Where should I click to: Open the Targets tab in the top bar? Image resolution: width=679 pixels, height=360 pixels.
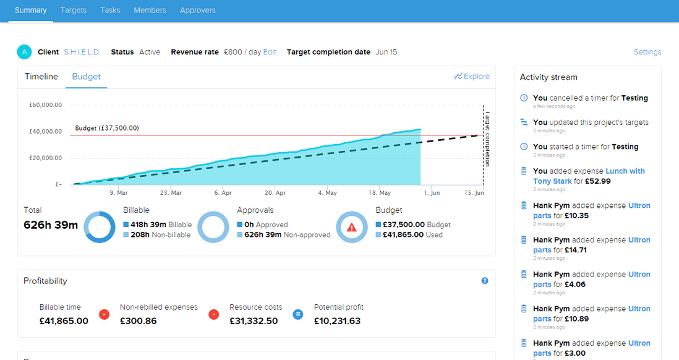[74, 10]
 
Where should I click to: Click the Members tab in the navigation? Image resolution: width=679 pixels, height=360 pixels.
[150, 10]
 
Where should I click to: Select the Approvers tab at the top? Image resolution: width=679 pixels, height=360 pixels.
[198, 10]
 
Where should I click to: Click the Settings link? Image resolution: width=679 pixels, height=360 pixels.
[647, 52]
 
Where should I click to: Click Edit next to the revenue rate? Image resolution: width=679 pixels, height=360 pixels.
[270, 52]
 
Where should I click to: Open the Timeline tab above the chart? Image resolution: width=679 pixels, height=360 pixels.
[41, 77]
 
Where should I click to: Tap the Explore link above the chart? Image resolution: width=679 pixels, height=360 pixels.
[472, 77]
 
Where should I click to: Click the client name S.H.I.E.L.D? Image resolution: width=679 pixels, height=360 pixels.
[82, 52]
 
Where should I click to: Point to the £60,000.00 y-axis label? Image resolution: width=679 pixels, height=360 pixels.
[45, 105]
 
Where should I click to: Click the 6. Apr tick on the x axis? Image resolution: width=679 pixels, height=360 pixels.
[223, 193]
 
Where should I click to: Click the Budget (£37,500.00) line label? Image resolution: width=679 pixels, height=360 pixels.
[107, 128]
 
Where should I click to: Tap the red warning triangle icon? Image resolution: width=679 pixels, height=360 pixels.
[352, 227]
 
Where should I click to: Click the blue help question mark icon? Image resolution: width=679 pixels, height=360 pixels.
[485, 281]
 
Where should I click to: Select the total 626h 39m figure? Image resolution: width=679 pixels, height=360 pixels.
[51, 225]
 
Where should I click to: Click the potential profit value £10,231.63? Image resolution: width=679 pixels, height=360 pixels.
[337, 321]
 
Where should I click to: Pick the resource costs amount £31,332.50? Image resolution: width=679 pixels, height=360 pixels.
[254, 321]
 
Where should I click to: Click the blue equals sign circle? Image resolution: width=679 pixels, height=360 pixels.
[297, 314]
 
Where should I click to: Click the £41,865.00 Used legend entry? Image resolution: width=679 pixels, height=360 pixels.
[412, 235]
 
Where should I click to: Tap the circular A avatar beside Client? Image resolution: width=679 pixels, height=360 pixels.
[24, 52]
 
